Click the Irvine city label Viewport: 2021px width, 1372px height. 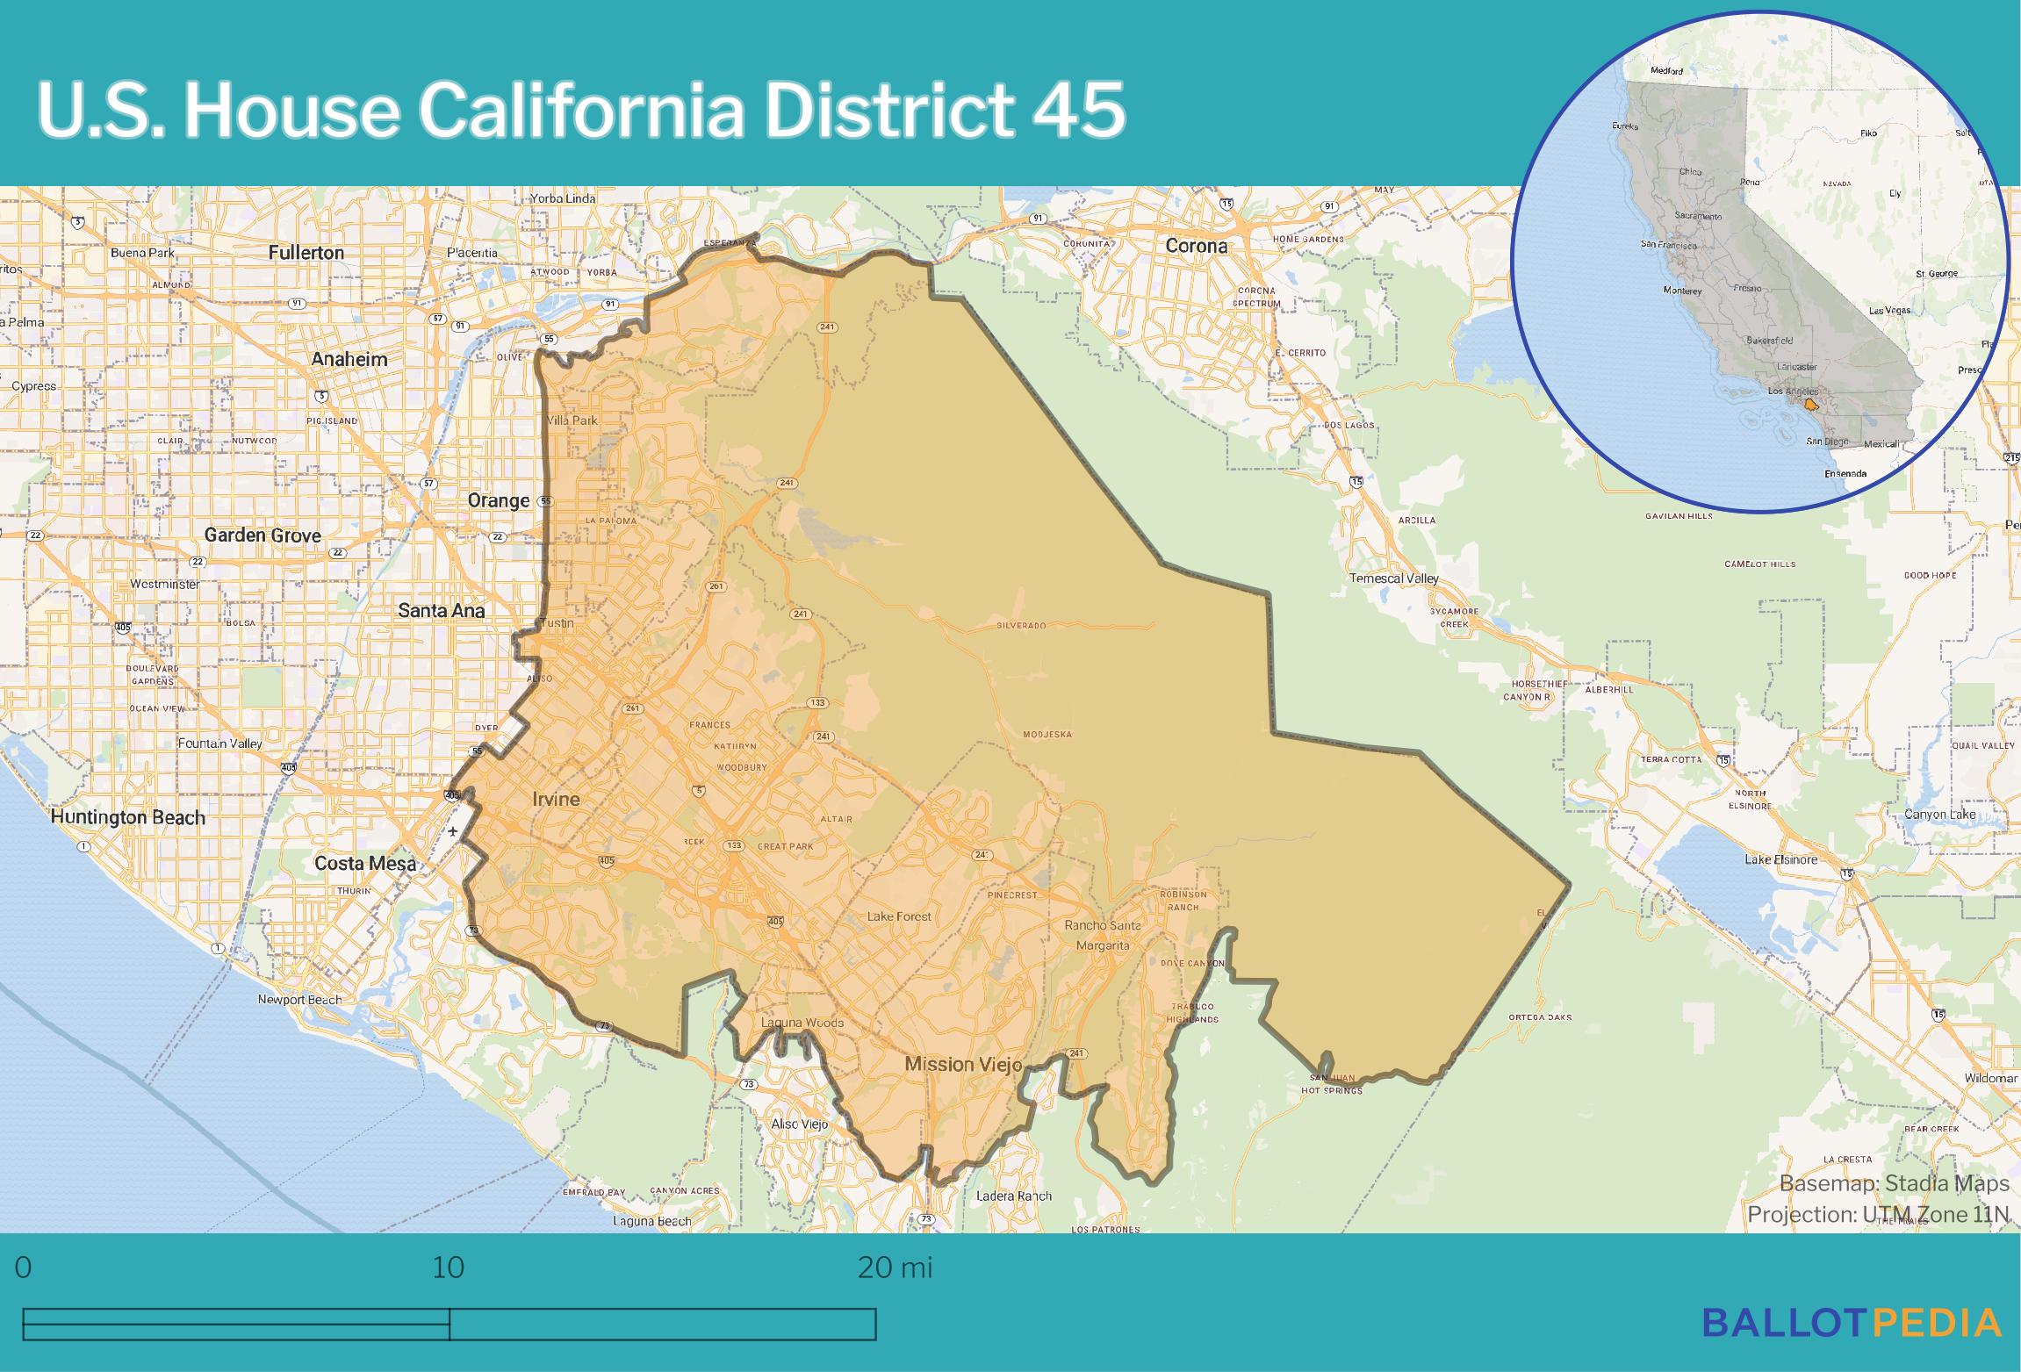pyautogui.click(x=556, y=799)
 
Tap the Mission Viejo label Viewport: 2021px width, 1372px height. pyautogui.click(x=963, y=1065)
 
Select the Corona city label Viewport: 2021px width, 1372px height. pyautogui.click(x=1196, y=247)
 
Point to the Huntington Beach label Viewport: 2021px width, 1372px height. pyautogui.click(x=127, y=817)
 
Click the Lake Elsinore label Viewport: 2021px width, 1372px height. pyautogui.click(x=1780, y=859)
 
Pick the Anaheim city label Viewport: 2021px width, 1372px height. pyautogui.click(x=349, y=359)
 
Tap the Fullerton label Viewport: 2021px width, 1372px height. pyautogui.click(x=306, y=253)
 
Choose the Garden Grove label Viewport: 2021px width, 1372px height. pyautogui.click(x=263, y=535)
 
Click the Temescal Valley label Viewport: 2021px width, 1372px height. pyautogui.click(x=1394, y=578)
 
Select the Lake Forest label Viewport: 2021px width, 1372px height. pyautogui.click(x=899, y=916)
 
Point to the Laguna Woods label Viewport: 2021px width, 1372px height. pyautogui.click(x=802, y=1023)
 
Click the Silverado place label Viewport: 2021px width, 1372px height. pyautogui.click(x=1021, y=626)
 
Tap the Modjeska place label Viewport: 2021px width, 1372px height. pyautogui.click(x=1047, y=734)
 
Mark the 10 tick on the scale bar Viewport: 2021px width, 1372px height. pyautogui.click(x=449, y=1268)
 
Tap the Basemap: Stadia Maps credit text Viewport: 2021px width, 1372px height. pyautogui.click(x=1894, y=1183)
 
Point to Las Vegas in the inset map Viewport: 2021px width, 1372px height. pyautogui.click(x=1889, y=311)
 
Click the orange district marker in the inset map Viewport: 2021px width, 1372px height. pyautogui.click(x=1810, y=406)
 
